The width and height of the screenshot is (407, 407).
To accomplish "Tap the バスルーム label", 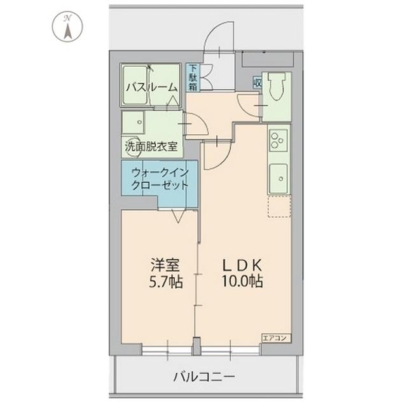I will [150, 87].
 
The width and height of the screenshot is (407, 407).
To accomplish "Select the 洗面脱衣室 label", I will [152, 145].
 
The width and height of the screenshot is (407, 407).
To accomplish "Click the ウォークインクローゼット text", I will [160, 179].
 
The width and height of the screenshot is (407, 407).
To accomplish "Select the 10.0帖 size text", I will [242, 281].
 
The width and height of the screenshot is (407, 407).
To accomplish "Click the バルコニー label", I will [204, 377].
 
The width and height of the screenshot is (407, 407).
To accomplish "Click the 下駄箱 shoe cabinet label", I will [192, 78].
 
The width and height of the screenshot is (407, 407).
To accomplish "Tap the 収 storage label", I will [258, 81].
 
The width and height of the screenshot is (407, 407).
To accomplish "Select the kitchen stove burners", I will [279, 140].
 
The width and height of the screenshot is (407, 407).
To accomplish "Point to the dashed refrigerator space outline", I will [279, 207].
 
